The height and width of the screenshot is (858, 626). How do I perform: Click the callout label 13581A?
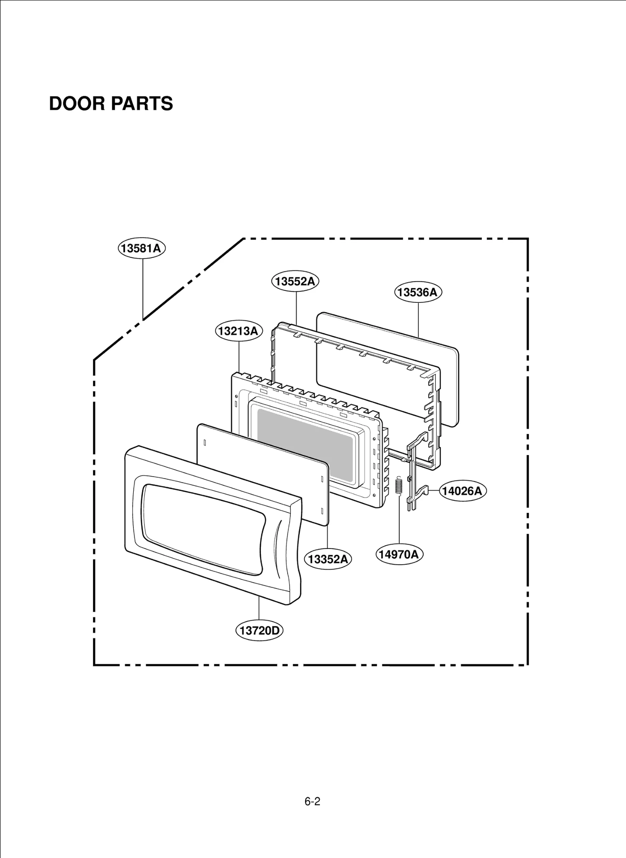click(142, 248)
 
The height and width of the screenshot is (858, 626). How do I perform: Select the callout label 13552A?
click(295, 281)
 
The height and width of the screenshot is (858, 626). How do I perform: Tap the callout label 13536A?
click(418, 292)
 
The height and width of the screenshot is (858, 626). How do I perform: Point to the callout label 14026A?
click(463, 491)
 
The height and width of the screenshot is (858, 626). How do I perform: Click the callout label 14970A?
click(399, 554)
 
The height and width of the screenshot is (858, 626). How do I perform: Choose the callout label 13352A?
click(328, 559)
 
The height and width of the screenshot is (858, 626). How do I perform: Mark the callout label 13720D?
click(259, 630)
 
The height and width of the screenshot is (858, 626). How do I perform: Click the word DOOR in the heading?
click(77, 104)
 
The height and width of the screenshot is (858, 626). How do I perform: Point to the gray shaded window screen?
click(305, 442)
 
